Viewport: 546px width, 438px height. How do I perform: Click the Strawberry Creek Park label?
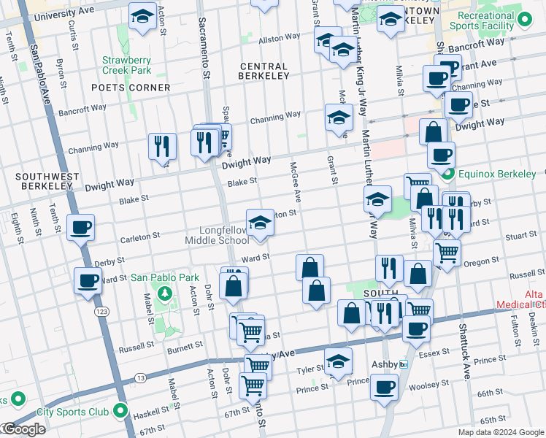[x=126, y=66]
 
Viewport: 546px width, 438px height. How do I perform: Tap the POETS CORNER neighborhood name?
[x=131, y=88]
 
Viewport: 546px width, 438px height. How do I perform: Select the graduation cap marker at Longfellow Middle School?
[x=259, y=223]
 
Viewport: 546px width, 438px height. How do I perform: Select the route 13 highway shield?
[x=139, y=377]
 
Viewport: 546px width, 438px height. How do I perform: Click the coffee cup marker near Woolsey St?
[x=384, y=388]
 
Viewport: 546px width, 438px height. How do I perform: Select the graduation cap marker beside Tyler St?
[x=338, y=361]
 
